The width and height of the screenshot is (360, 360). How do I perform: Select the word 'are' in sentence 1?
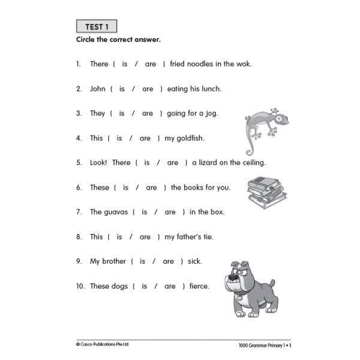[x=150, y=64]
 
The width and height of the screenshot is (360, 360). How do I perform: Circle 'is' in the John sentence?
[x=122, y=89]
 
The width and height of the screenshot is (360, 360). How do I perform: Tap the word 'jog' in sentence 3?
[x=210, y=113]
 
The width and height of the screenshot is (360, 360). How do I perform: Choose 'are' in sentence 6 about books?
[x=151, y=187]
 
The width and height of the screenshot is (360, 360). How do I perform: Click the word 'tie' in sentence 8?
[x=206, y=236]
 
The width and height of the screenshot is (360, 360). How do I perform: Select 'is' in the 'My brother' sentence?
[x=142, y=261]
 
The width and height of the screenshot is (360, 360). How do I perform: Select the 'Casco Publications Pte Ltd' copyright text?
[x=103, y=344]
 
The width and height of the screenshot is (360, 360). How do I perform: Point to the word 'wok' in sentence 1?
[x=244, y=64]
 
